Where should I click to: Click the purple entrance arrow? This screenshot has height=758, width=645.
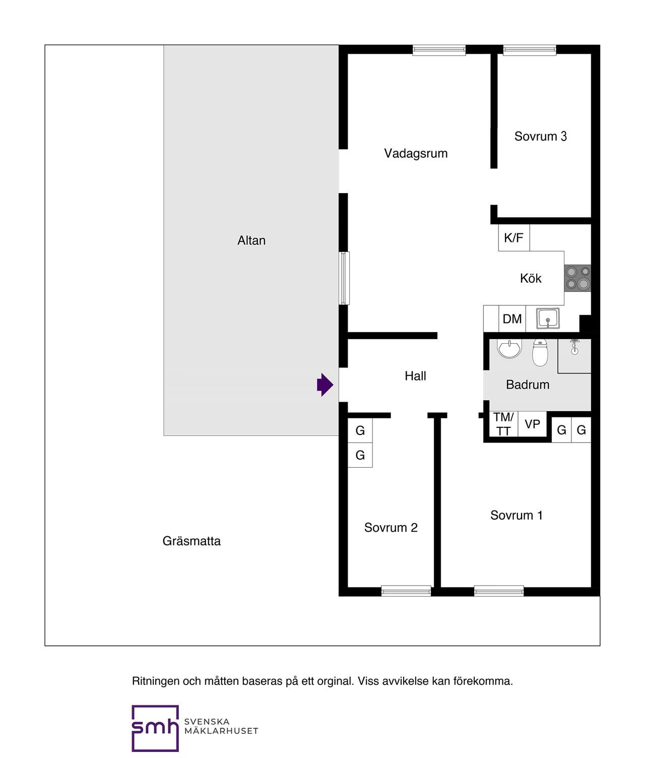[x=325, y=385]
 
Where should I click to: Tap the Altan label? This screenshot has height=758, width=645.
[x=251, y=241]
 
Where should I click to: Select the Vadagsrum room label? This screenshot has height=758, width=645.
[x=416, y=154]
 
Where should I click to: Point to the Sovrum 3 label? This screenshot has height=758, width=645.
[x=540, y=137]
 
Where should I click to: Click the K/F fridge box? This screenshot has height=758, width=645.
[x=513, y=238]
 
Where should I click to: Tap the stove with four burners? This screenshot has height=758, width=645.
[x=577, y=278]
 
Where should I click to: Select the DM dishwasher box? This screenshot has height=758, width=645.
[x=512, y=319]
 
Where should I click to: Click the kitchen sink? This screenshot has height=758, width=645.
[x=548, y=319]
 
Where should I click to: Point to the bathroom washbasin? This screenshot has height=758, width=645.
[x=509, y=348]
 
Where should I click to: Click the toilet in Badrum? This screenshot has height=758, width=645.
[x=540, y=353]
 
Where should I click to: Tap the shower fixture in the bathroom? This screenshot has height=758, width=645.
[x=574, y=347]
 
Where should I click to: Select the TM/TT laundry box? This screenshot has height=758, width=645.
[x=503, y=424]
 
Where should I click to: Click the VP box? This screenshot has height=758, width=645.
[x=532, y=424]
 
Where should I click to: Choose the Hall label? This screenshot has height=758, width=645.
[x=415, y=376]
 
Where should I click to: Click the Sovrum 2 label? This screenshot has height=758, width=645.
[x=391, y=528]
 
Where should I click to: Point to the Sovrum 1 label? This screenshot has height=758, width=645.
[x=517, y=516]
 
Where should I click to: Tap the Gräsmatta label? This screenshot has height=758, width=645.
[x=191, y=541]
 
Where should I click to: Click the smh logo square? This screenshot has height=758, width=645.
[x=155, y=728]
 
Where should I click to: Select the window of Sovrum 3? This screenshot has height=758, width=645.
[x=530, y=50]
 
